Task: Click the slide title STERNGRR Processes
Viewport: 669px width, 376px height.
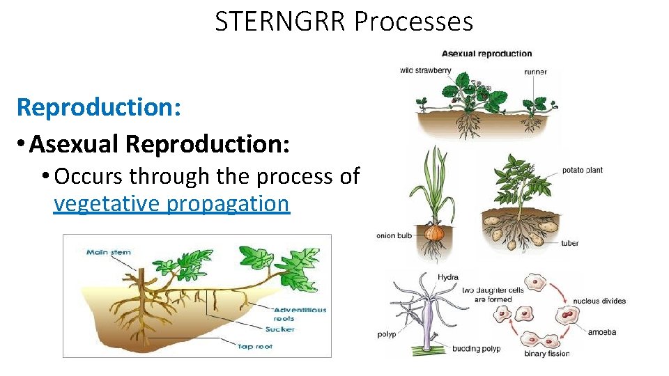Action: click(344, 22)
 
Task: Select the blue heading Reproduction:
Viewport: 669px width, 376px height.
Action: click(99, 107)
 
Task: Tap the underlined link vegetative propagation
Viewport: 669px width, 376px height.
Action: click(171, 204)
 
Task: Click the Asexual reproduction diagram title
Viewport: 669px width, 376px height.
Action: click(486, 54)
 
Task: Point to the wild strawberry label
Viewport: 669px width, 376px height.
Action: click(425, 70)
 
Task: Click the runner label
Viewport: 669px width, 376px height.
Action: click(535, 71)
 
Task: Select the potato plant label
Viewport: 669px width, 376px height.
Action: click(582, 170)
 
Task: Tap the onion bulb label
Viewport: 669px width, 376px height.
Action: click(395, 235)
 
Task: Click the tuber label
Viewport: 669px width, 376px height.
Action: click(569, 243)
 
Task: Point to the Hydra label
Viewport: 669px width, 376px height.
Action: click(447, 277)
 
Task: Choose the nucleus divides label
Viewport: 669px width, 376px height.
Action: click(599, 301)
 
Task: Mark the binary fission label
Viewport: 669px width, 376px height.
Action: click(546, 354)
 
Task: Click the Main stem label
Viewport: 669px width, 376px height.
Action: click(108, 252)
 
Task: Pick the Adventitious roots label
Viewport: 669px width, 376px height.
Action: click(300, 314)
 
